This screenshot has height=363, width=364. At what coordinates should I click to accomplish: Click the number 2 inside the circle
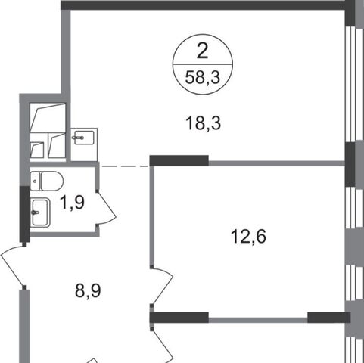tap(202, 51)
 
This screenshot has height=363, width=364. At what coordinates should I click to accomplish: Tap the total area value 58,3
tap(203, 77)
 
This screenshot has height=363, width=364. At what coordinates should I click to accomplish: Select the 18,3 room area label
tap(203, 123)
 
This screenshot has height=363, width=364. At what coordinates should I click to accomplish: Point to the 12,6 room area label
tap(248, 237)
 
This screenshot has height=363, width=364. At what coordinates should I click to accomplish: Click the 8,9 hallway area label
tap(88, 290)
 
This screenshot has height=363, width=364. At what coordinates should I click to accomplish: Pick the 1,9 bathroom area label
tap(73, 202)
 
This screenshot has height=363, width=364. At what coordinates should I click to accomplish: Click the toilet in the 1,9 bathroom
tap(46, 181)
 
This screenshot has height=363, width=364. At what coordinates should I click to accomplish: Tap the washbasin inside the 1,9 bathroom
tap(40, 213)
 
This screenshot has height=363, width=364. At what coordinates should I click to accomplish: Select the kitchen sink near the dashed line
tap(84, 138)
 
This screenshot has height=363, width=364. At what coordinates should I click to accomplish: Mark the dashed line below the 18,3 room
tap(124, 166)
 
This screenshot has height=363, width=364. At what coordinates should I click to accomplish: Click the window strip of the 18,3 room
tap(351, 84)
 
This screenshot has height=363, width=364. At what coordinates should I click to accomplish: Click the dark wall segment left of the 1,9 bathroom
tap(25, 214)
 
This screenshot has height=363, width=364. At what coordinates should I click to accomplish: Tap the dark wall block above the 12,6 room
tap(179, 160)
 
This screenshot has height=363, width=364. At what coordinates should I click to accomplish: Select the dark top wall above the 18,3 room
tap(203, 5)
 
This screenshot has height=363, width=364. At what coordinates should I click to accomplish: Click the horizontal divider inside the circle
tap(202, 64)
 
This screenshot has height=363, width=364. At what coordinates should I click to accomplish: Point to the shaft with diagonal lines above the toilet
tap(48, 131)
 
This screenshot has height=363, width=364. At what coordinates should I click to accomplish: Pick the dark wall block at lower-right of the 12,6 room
tap(329, 318)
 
